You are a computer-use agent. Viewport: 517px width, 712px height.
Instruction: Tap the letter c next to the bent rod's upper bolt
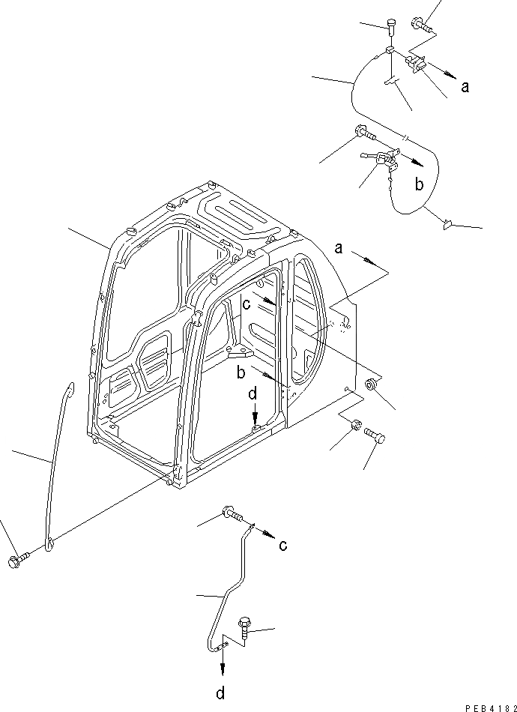(x=282, y=545)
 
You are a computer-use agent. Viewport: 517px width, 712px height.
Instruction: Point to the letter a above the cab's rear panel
(x=339, y=248)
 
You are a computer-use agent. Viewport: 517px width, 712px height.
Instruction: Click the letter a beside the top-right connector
(x=465, y=87)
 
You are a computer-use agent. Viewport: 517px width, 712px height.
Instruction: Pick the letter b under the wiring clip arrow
(x=419, y=183)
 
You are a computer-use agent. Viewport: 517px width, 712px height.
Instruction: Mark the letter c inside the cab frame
(x=246, y=304)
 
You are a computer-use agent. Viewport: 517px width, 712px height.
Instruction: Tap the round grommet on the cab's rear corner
(x=369, y=385)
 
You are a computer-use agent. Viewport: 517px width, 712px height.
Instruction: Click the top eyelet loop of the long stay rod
(x=70, y=387)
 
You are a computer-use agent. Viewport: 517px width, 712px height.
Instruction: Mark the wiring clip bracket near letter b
(x=383, y=158)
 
